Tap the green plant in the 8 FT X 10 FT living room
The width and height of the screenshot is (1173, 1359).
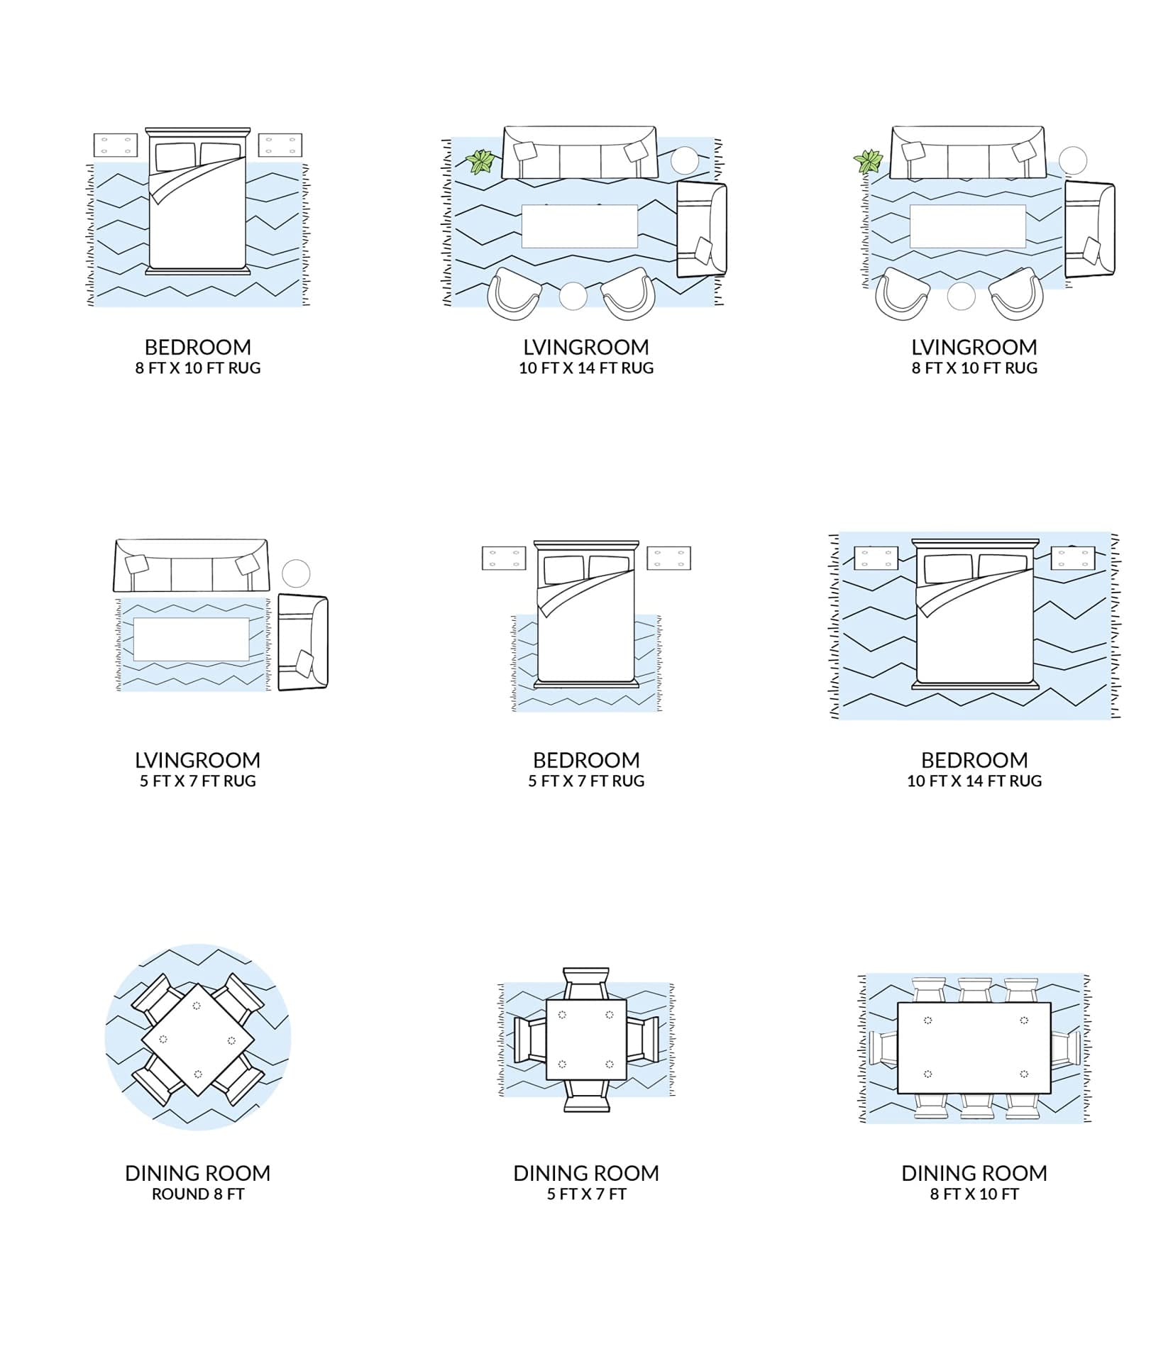pyautogui.click(x=868, y=162)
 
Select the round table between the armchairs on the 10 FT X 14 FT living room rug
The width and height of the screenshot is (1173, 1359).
pyautogui.click(x=573, y=296)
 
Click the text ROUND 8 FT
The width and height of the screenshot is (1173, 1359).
pyautogui.click(x=198, y=1194)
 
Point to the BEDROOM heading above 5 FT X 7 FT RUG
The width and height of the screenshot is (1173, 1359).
pyautogui.click(x=586, y=760)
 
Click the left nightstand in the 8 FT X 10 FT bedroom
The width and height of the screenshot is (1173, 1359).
pyautogui.click(x=116, y=145)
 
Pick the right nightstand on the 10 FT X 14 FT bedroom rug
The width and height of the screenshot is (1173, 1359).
pyautogui.click(x=1072, y=557)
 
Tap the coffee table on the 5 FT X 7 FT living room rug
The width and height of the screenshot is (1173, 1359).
pyautogui.click(x=191, y=639)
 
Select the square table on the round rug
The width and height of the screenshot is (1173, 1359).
pyautogui.click(x=197, y=1038)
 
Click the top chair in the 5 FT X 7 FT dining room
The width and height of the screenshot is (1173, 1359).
pyautogui.click(x=586, y=984)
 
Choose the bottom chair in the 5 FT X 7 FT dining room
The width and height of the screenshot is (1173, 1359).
pyautogui.click(x=586, y=1096)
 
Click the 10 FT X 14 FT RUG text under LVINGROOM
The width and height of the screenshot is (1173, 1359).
pyautogui.click(x=586, y=368)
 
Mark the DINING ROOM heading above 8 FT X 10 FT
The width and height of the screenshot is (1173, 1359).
pyautogui.click(x=974, y=1173)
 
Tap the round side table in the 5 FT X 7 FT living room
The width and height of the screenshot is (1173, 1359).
pyautogui.click(x=296, y=573)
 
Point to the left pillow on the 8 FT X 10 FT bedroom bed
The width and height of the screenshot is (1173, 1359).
pyautogui.click(x=175, y=155)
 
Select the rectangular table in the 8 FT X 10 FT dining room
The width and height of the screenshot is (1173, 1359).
pyautogui.click(x=974, y=1047)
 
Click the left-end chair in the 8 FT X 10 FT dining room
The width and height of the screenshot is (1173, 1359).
pyautogui.click(x=884, y=1047)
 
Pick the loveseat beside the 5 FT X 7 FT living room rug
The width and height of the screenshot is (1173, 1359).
pyautogui.click(x=303, y=642)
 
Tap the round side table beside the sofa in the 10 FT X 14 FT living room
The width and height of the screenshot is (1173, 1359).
pyautogui.click(x=685, y=160)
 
